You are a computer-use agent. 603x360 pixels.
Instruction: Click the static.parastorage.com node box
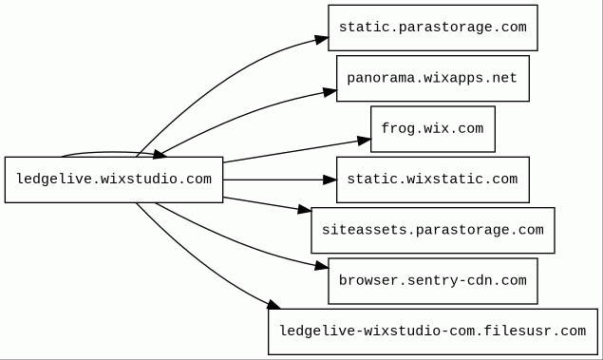(x=433, y=28)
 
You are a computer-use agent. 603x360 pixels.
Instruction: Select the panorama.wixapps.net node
(x=433, y=79)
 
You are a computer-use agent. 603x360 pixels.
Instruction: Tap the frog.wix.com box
(x=433, y=129)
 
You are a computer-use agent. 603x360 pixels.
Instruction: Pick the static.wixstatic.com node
(x=433, y=180)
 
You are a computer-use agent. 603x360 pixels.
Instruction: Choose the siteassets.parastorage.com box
(x=433, y=231)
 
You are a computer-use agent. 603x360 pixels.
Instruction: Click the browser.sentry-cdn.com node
(x=433, y=281)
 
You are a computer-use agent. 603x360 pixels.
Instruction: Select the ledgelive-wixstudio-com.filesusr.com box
(x=433, y=332)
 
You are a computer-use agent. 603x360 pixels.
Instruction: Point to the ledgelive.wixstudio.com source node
(x=114, y=180)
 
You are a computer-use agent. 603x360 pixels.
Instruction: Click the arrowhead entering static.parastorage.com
(x=322, y=39)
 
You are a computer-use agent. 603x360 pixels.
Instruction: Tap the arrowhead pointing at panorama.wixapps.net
(x=330, y=92)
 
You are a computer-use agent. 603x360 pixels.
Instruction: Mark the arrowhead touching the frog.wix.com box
(x=365, y=141)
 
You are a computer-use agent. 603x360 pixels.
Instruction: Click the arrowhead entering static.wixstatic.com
(x=330, y=180)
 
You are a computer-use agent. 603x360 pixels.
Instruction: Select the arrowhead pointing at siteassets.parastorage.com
(x=305, y=209)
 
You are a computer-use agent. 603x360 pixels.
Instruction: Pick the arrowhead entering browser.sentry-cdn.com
(x=322, y=266)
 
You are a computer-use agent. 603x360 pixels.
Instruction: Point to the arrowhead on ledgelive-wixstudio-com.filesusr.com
(x=273, y=305)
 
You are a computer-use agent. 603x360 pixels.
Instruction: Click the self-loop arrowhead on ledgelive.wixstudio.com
(x=160, y=155)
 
